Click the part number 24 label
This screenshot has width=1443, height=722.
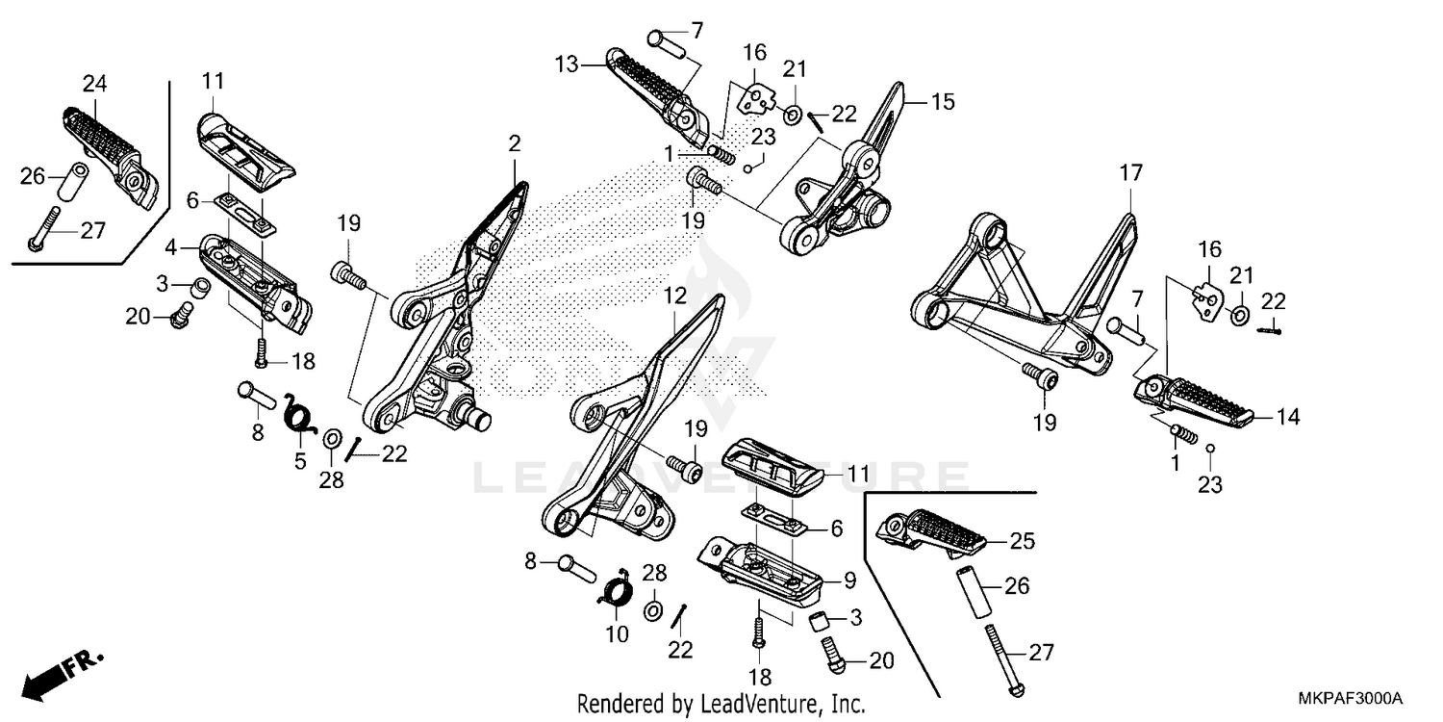(94, 84)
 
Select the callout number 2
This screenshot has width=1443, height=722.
(515, 144)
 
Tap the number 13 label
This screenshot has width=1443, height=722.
(567, 64)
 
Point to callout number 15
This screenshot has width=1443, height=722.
(943, 101)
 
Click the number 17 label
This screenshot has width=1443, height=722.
(1130, 174)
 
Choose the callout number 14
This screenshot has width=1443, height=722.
(1288, 417)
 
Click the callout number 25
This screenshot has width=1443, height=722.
(1022, 542)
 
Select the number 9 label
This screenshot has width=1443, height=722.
(849, 580)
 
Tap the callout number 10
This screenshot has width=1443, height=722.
(617, 634)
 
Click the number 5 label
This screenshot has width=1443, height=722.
(300, 461)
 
